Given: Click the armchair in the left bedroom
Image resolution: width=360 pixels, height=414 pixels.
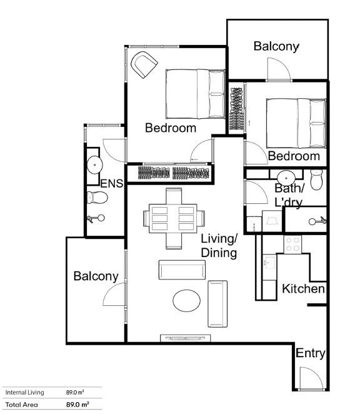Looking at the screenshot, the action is click(x=144, y=64).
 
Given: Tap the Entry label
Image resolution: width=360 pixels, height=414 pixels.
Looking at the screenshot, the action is click(x=310, y=353).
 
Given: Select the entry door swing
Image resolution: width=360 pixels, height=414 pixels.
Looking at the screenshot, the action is click(x=312, y=378).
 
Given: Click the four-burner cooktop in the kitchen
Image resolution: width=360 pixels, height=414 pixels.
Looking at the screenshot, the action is click(x=292, y=245).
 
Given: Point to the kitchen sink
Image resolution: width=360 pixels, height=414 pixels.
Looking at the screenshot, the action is click(x=269, y=262).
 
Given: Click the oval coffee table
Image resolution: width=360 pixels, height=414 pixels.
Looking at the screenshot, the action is click(x=187, y=301).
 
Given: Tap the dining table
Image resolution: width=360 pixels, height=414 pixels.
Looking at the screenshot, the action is click(x=173, y=219).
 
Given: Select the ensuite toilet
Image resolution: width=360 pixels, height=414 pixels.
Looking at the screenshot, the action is click(x=97, y=198).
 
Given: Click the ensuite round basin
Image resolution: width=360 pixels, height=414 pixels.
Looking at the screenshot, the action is click(x=94, y=165).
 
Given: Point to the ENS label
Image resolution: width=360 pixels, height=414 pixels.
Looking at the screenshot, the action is click(x=112, y=183).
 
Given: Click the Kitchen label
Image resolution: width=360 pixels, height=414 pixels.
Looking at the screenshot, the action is click(x=303, y=288).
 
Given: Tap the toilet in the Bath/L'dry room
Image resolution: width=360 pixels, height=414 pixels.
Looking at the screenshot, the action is click(x=316, y=179).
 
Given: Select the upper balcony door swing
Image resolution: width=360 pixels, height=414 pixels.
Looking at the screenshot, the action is click(x=279, y=69).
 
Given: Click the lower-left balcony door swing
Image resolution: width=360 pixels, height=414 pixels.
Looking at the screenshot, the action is click(x=114, y=295).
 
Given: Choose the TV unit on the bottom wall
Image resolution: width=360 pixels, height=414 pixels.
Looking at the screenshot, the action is click(x=186, y=338).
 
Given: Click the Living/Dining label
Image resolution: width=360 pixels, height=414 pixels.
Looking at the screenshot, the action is click(x=219, y=246).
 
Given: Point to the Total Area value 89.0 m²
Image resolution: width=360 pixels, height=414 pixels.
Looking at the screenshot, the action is click(x=77, y=404).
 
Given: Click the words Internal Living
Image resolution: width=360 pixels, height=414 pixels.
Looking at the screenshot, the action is click(x=24, y=392).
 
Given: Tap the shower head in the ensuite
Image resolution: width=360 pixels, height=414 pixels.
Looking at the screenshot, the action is click(x=96, y=219).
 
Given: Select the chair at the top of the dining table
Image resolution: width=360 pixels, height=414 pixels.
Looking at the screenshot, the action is click(x=174, y=196).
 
